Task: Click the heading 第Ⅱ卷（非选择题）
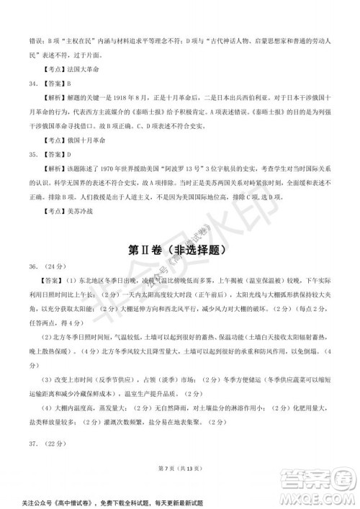tap(180, 251)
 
